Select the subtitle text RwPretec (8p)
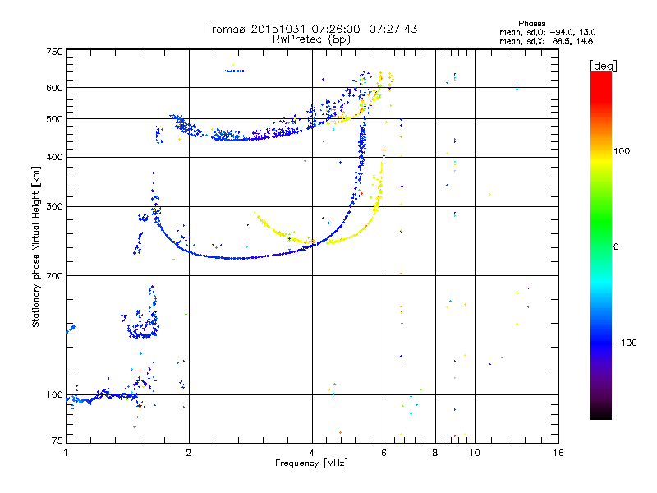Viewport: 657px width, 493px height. pos(311,39)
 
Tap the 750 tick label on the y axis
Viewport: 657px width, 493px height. pos(55,52)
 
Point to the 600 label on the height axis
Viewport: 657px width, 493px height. pos(55,88)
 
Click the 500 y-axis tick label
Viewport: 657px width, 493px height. pos(55,119)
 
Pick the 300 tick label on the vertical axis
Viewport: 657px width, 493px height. pos(55,207)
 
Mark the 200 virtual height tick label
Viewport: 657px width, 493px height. pos(55,276)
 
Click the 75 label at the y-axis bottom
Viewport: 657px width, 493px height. pos(57,440)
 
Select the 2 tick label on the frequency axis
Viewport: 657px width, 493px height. pos(189,453)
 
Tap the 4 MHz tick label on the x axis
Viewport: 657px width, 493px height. pos(312,453)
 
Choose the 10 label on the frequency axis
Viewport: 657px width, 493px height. pos(475,453)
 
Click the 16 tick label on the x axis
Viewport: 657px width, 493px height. pos(558,453)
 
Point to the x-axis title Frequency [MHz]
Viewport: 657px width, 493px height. pos(311,463)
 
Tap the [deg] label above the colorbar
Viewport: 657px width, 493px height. pos(603,66)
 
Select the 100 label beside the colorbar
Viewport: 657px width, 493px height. pos(622,151)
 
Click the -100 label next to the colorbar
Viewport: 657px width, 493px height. pos(625,343)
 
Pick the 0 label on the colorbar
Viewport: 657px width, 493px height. pos(616,247)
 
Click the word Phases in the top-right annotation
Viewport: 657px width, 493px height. pos(531,24)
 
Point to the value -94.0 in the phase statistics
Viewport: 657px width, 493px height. pos(562,32)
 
